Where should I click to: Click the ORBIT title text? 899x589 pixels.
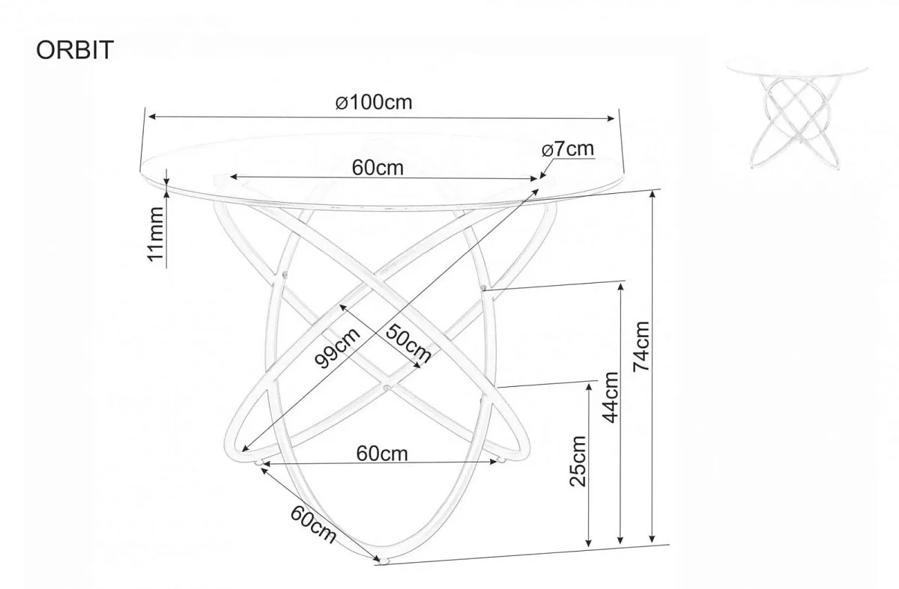tap(75, 50)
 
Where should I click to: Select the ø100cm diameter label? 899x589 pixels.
tap(374, 103)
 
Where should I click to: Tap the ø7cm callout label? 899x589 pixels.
tap(568, 149)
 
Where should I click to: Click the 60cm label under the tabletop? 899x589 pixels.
tap(378, 168)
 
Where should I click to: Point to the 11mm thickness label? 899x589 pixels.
tap(156, 234)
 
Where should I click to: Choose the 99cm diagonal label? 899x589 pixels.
tap(337, 347)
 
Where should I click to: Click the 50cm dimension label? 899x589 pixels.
tap(408, 344)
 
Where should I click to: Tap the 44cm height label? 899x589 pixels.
tap(610, 397)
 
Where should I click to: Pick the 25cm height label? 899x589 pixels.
tap(578, 461)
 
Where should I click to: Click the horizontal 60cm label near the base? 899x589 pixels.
tap(381, 454)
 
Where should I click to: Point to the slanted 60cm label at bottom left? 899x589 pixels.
tap(313, 524)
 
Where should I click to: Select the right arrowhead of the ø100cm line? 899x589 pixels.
tap(611, 118)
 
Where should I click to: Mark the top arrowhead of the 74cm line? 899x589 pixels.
tap(653, 195)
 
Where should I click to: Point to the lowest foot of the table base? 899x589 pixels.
tap(384, 561)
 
